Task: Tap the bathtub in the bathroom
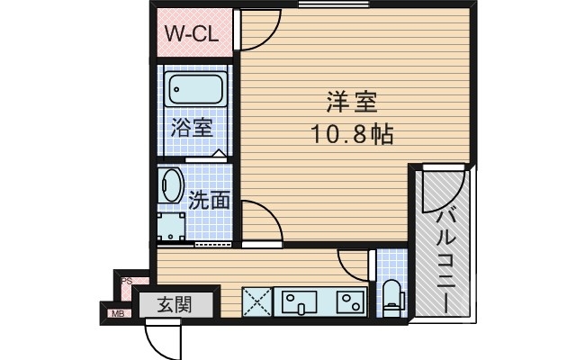pyautogui.click(x=197, y=91)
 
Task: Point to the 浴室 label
pyautogui.click(x=192, y=128)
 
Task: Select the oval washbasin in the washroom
pyautogui.click(x=171, y=185)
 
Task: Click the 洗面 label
pyautogui.click(x=208, y=199)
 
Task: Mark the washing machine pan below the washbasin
pyautogui.click(x=172, y=226)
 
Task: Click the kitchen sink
pyautogui.click(x=298, y=301)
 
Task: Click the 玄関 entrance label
pyautogui.click(x=175, y=304)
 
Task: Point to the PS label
pyautogui.click(x=127, y=281)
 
